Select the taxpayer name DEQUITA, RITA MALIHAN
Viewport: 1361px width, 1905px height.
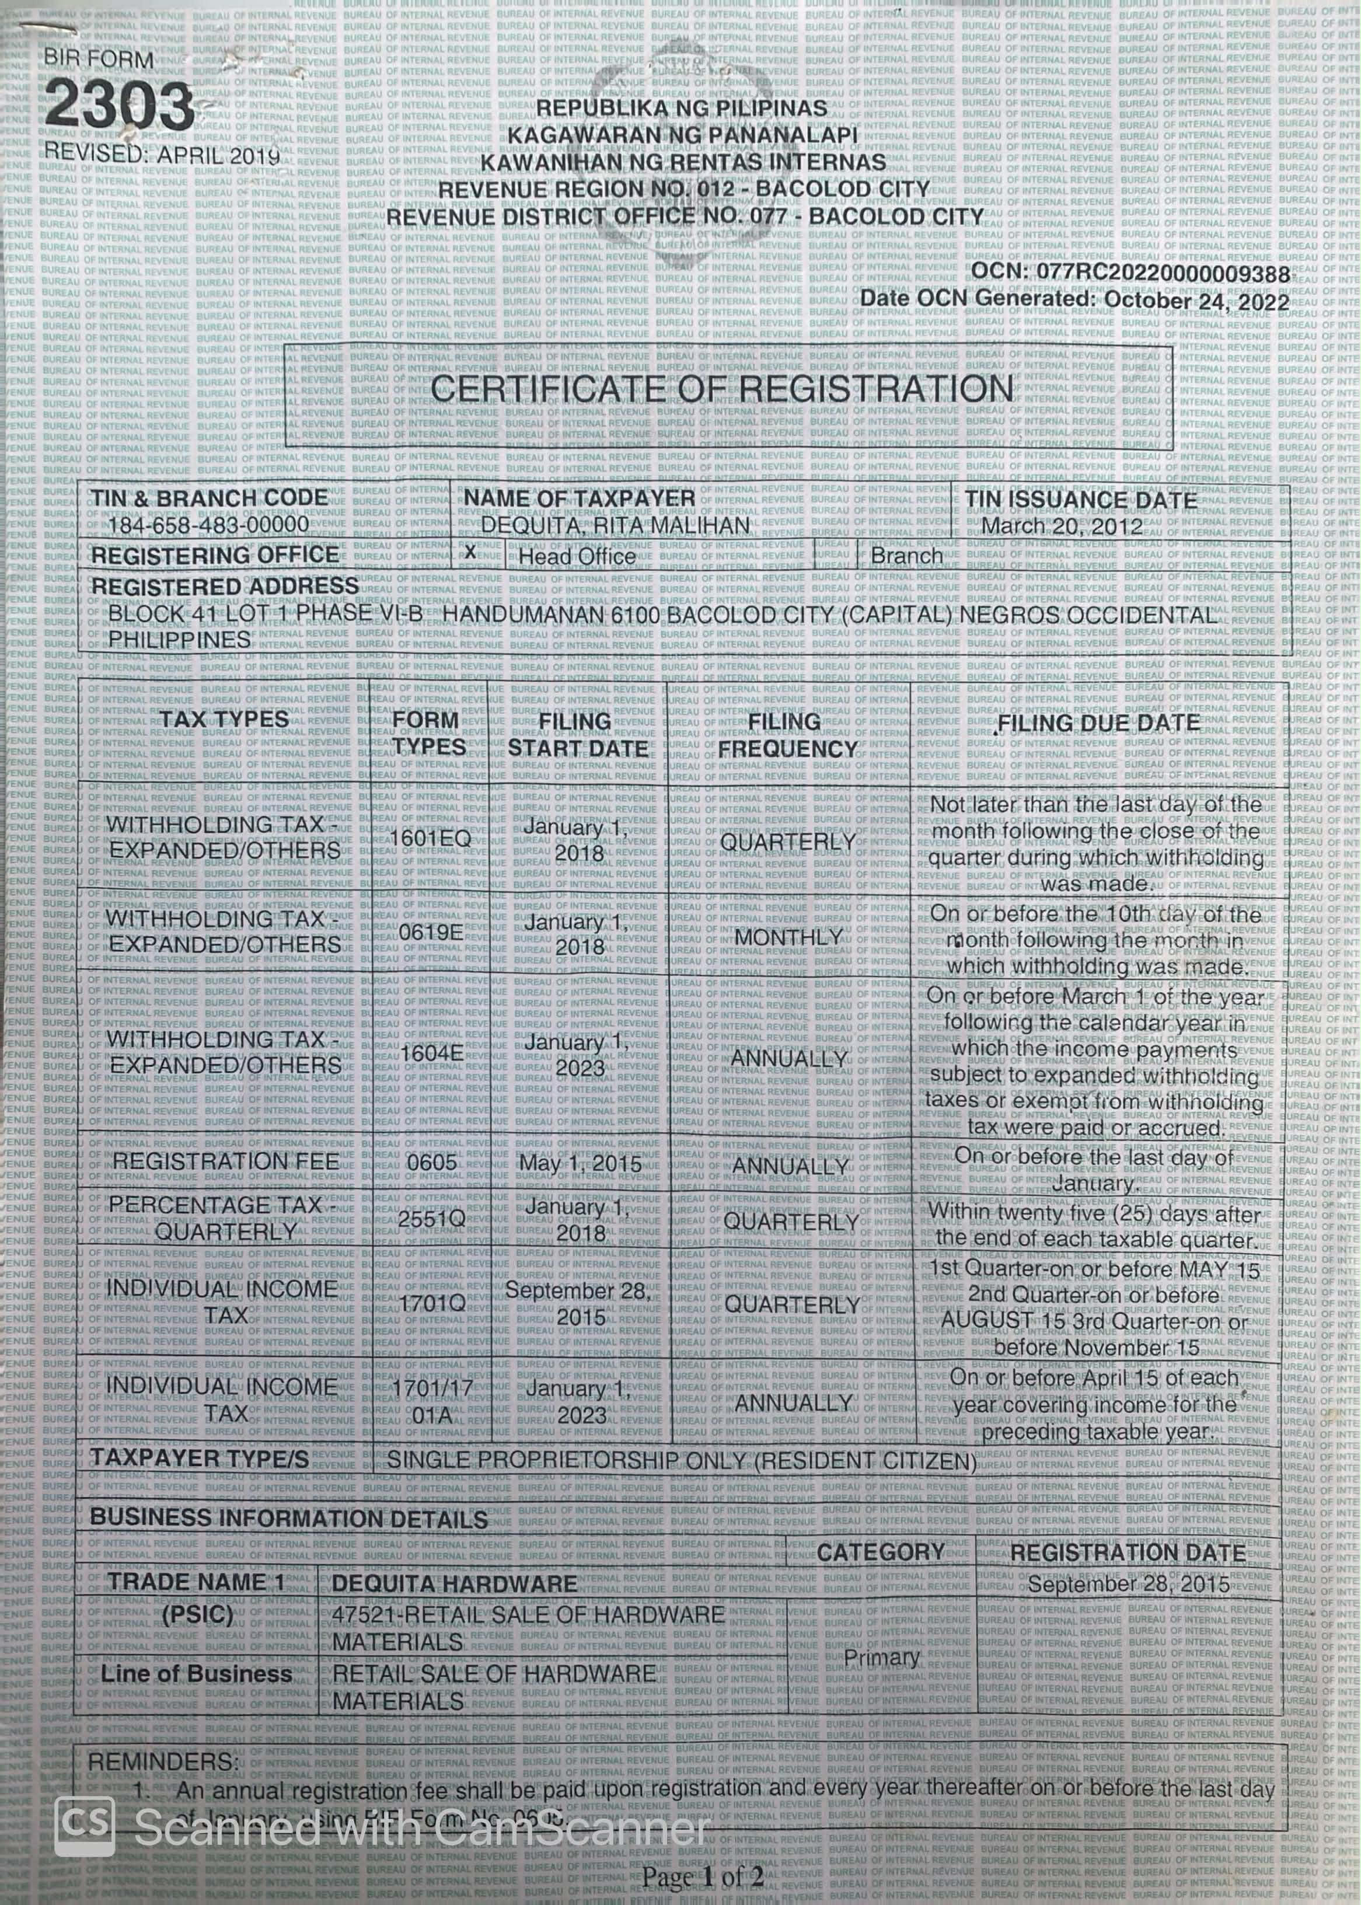pyautogui.click(x=615, y=525)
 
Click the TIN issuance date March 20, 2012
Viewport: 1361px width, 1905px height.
pyautogui.click(x=1062, y=526)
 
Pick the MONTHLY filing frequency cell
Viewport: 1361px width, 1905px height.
pyautogui.click(x=788, y=937)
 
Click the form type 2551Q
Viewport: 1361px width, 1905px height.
pyautogui.click(x=431, y=1219)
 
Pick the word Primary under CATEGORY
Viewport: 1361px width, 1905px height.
pyautogui.click(x=881, y=1657)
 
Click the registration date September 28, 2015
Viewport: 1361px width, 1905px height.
pyautogui.click(x=1128, y=1584)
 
